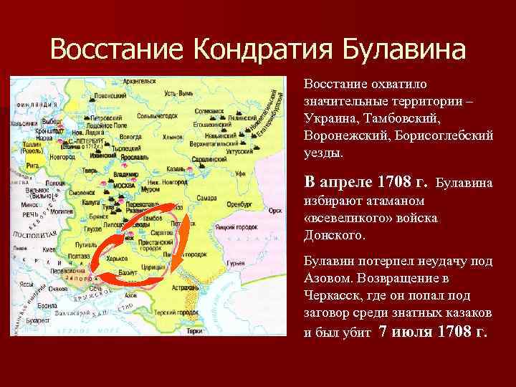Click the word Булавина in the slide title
pos(404,49)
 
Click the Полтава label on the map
pos(77,255)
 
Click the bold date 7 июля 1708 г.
pos(433,331)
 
